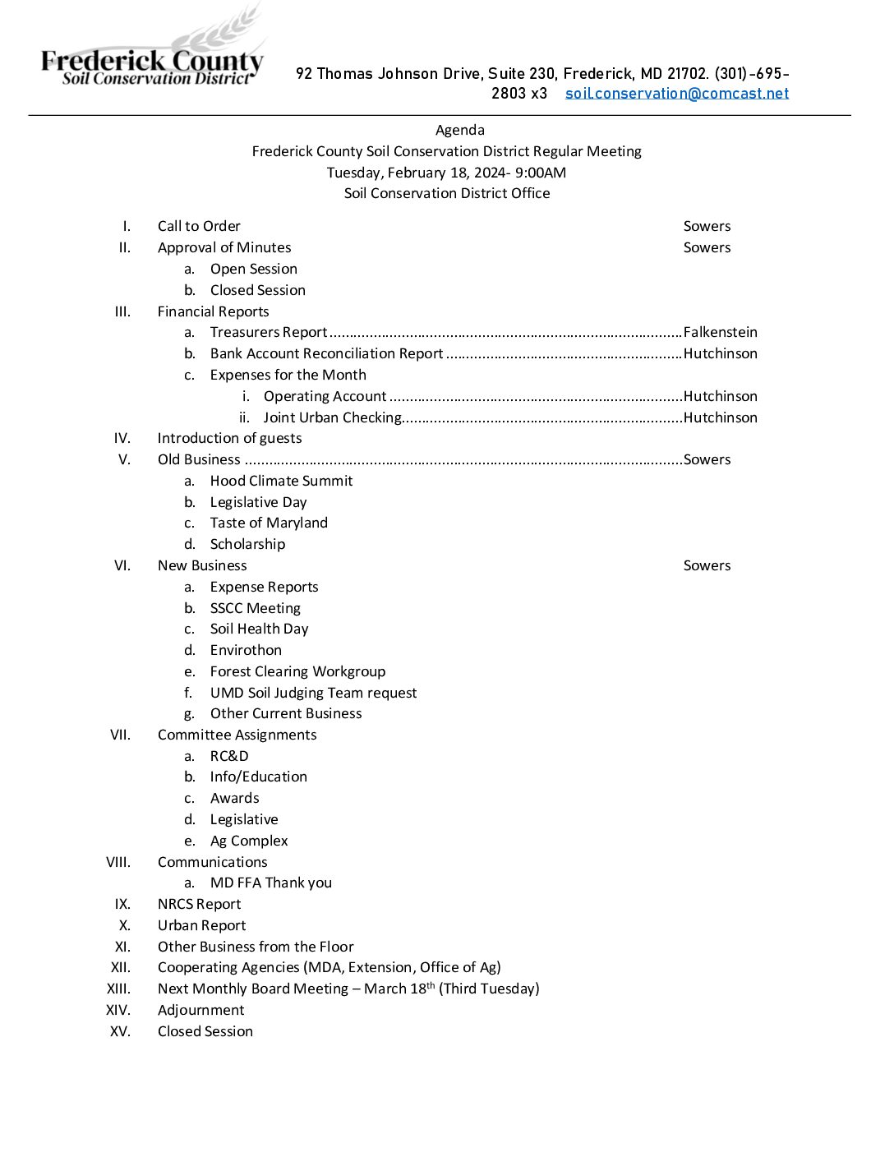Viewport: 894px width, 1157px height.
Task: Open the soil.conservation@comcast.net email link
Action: [676, 94]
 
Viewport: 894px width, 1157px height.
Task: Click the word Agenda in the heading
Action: [459, 130]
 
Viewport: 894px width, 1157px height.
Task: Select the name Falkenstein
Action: [720, 332]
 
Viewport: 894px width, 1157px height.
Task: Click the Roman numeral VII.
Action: [120, 735]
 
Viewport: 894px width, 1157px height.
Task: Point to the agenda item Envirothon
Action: [246, 650]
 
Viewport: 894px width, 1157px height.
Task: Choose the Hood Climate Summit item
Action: [281, 481]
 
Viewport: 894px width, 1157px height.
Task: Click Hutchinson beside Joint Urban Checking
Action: [720, 417]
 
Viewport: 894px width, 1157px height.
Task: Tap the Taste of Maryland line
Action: [269, 523]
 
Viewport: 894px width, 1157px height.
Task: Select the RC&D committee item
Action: [229, 756]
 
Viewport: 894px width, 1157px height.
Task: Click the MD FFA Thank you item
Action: [270, 883]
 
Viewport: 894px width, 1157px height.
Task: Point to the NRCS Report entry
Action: [199, 904]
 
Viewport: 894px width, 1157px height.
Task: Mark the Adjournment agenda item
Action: [200, 1010]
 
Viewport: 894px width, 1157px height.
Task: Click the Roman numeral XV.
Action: [120, 1031]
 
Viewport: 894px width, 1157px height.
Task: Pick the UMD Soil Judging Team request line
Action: [313, 693]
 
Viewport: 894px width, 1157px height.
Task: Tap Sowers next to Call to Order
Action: [707, 226]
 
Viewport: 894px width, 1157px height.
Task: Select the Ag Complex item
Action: [249, 841]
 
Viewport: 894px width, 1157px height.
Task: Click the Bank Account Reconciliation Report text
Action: [326, 353]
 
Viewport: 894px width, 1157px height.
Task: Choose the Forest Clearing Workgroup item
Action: [297, 671]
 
